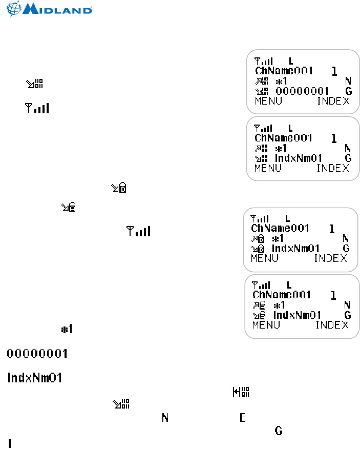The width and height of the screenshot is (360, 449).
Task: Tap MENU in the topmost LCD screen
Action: tap(268, 101)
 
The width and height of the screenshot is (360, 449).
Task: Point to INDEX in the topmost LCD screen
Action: tap(333, 101)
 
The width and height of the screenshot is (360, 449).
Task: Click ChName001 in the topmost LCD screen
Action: tap(283, 71)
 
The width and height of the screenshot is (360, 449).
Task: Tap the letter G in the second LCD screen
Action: tap(348, 158)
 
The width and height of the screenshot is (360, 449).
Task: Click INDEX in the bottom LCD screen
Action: tap(332, 325)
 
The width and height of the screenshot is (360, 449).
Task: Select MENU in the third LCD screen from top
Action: tap(264, 258)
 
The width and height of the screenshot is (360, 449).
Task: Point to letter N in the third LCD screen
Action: tap(345, 238)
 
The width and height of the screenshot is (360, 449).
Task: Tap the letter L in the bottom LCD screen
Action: tap(289, 284)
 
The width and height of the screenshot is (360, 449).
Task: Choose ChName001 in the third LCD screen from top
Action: tap(280, 228)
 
